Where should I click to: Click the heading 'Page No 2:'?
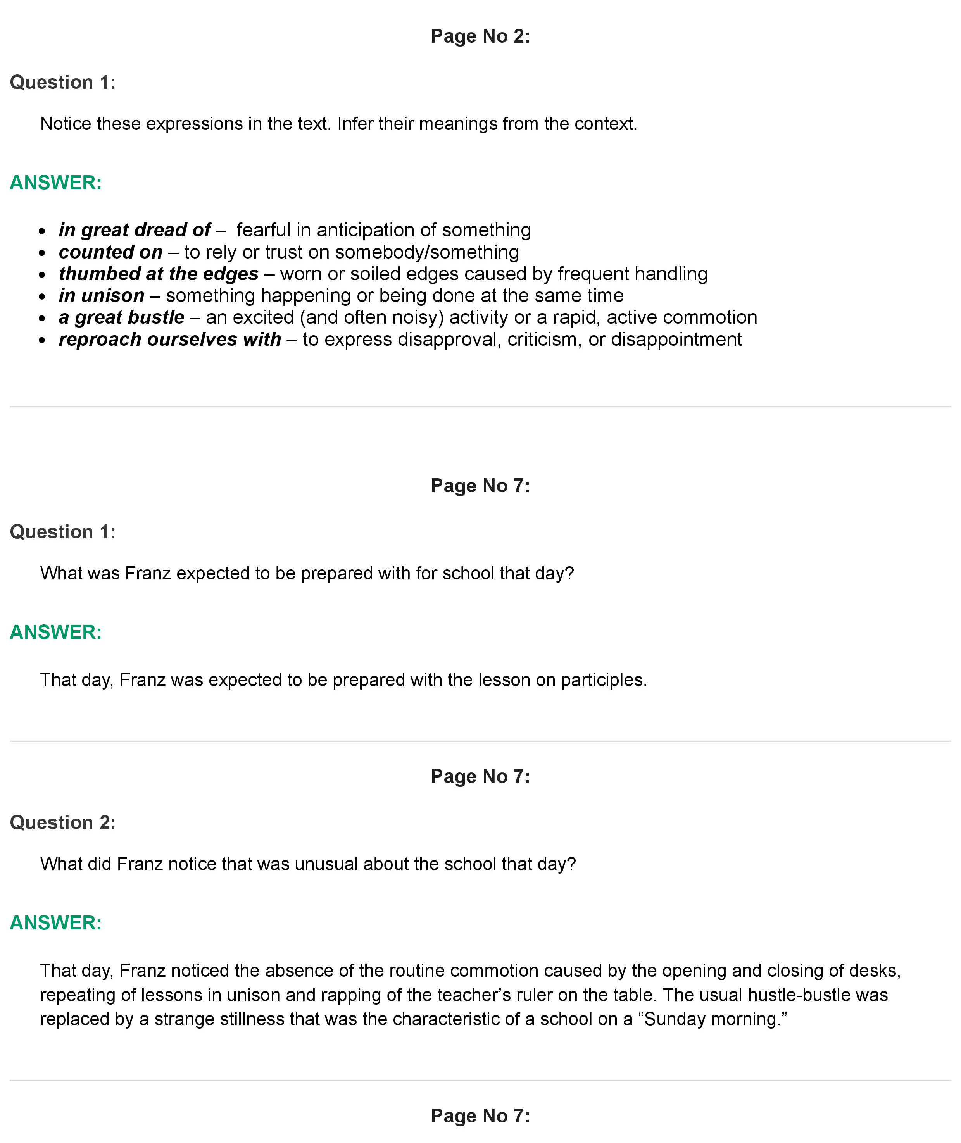click(480, 36)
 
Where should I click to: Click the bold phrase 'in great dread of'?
click(134, 230)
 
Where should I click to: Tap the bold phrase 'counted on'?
click(110, 252)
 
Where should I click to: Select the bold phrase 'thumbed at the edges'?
click(159, 274)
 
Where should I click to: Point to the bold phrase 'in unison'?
click(101, 296)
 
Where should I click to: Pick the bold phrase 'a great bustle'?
click(121, 317)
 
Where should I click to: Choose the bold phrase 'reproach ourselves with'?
click(169, 339)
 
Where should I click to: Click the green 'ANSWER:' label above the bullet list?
click(55, 183)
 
